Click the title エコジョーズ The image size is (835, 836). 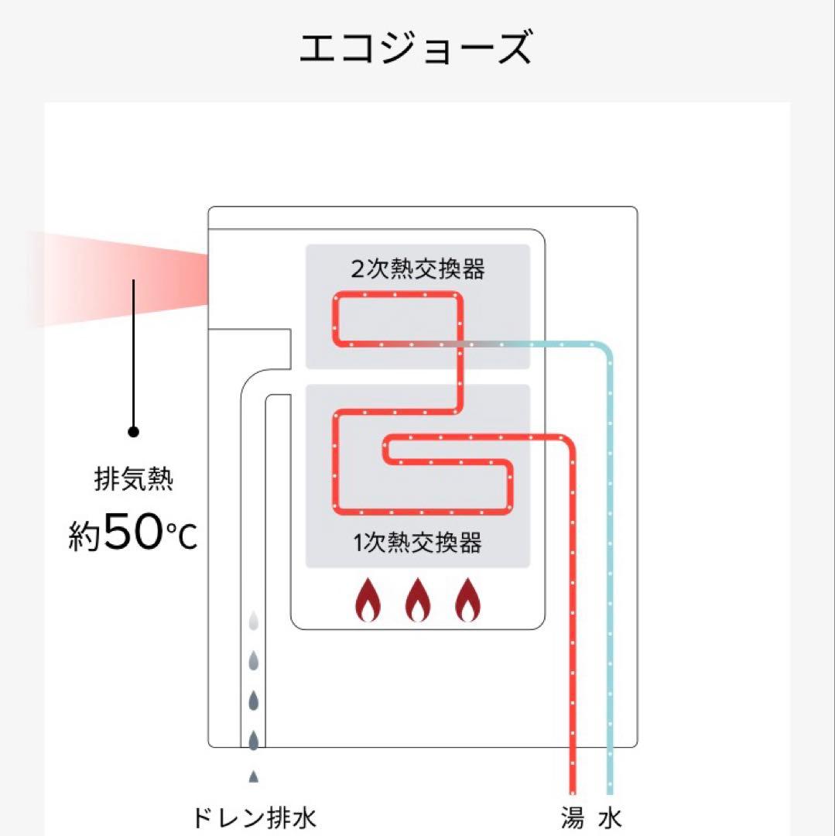tap(416, 48)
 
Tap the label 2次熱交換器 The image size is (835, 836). tap(418, 269)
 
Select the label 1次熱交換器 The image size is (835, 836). tap(418, 543)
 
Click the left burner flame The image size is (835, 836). tap(368, 600)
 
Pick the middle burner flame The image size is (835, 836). tap(418, 600)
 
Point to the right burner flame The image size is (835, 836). tap(467, 600)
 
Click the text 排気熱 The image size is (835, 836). tap(133, 480)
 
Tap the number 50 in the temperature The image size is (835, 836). tap(131, 533)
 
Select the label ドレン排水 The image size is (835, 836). tap(253, 818)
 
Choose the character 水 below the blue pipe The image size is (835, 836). tap(611, 818)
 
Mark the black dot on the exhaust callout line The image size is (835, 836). tap(133, 431)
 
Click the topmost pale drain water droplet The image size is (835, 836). tap(253, 621)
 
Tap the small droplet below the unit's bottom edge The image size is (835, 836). tap(253, 776)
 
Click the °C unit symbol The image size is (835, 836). tap(181, 534)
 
